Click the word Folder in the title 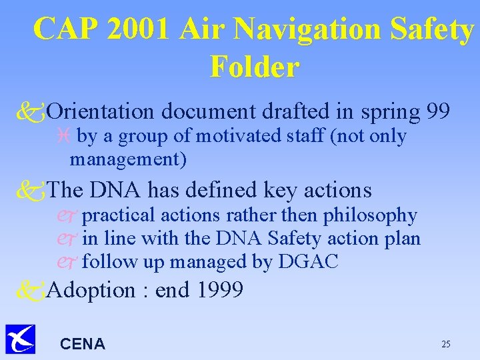(254, 67)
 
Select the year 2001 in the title (151, 29)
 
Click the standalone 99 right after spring (439, 110)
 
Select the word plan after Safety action (402, 239)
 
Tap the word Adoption (91, 291)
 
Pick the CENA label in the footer (83, 344)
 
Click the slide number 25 (446, 344)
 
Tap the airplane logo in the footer (20, 339)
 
